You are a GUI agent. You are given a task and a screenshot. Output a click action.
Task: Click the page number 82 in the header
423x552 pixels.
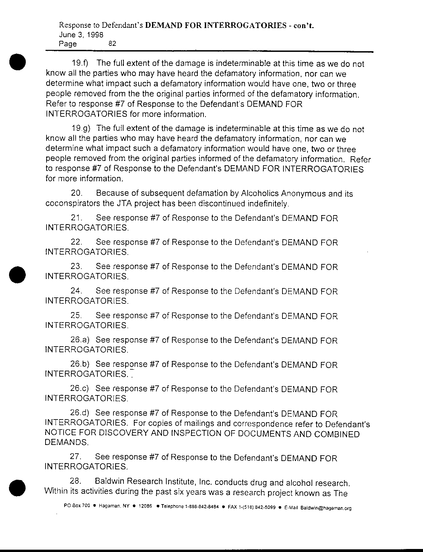click(x=112, y=43)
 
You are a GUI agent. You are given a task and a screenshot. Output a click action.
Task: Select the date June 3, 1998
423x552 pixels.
click(x=81, y=34)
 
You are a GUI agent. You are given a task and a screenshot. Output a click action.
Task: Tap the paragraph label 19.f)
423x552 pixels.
click(x=80, y=63)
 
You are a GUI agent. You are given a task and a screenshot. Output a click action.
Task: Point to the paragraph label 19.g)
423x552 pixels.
click(x=80, y=128)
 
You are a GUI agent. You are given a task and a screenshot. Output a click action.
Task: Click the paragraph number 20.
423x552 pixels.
click(x=77, y=193)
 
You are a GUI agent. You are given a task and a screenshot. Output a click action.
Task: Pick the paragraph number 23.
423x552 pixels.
click(x=77, y=267)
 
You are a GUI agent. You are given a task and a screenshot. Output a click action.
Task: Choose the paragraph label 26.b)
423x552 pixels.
click(x=80, y=364)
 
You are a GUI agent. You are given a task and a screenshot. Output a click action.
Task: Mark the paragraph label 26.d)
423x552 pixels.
click(x=80, y=413)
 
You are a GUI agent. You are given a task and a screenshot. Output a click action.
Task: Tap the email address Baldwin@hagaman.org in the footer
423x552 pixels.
click(x=326, y=509)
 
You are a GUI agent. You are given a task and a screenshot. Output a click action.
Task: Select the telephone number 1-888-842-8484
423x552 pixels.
click(x=202, y=507)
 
